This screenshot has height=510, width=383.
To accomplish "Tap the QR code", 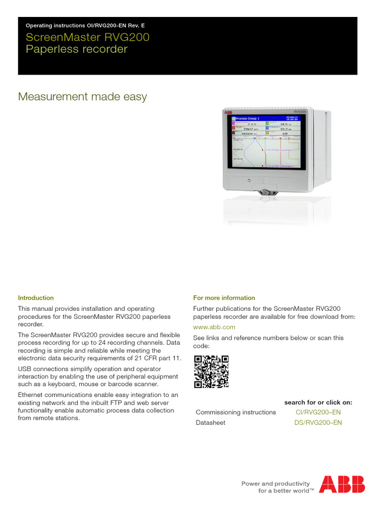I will click(211, 371).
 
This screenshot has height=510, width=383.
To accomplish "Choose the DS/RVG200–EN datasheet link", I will click(318, 423).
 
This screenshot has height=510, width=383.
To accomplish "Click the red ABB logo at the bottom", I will click(342, 484).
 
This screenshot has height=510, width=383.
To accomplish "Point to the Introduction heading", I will click(36, 298).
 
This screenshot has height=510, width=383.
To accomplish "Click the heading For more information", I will click(224, 298).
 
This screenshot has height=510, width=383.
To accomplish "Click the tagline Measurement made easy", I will click(82, 97).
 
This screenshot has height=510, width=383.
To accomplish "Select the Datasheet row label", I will click(210, 423).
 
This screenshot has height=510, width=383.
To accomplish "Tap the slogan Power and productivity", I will click(275, 484).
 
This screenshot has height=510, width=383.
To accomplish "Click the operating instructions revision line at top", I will click(85, 25).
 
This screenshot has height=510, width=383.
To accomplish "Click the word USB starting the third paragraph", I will click(24, 369).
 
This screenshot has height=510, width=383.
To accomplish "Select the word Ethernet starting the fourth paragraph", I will click(31, 395).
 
